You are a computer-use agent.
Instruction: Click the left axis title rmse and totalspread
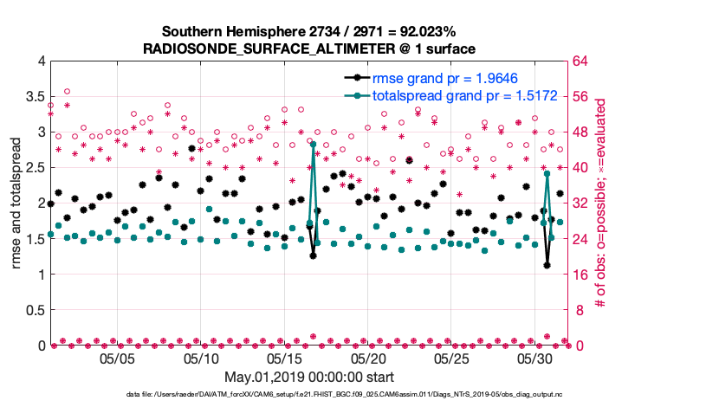click(16, 203)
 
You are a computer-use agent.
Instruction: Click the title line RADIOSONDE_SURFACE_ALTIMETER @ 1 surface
click(309, 48)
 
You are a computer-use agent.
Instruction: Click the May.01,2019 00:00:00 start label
click(309, 377)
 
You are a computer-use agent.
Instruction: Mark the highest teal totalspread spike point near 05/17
click(313, 145)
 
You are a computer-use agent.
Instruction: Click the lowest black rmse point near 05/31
click(547, 265)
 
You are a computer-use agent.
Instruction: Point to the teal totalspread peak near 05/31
click(547, 174)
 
